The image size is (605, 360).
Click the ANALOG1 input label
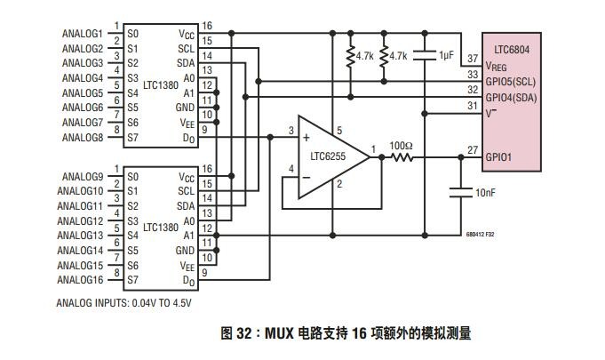click(83, 34)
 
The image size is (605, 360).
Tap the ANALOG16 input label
click(80, 280)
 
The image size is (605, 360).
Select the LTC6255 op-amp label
click(328, 156)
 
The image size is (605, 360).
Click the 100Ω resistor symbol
click(402, 157)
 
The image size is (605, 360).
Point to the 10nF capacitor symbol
click(461, 193)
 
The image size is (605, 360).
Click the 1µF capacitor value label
click(446, 56)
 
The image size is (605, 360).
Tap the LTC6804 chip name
click(512, 50)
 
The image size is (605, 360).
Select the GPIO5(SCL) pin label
click(511, 82)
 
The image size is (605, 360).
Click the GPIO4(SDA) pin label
click(511, 98)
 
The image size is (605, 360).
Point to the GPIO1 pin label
click(498, 157)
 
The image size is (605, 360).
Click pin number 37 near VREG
click(473, 59)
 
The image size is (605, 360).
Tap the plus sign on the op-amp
click(306, 138)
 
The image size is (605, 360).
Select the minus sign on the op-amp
click(306, 178)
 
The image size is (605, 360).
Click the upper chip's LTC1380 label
click(161, 84)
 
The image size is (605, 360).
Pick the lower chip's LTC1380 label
click(161, 228)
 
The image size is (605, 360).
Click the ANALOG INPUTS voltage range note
click(123, 303)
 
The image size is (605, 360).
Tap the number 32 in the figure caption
click(243, 333)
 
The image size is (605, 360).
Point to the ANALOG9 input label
click(83, 177)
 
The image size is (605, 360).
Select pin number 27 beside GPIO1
click(473, 149)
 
